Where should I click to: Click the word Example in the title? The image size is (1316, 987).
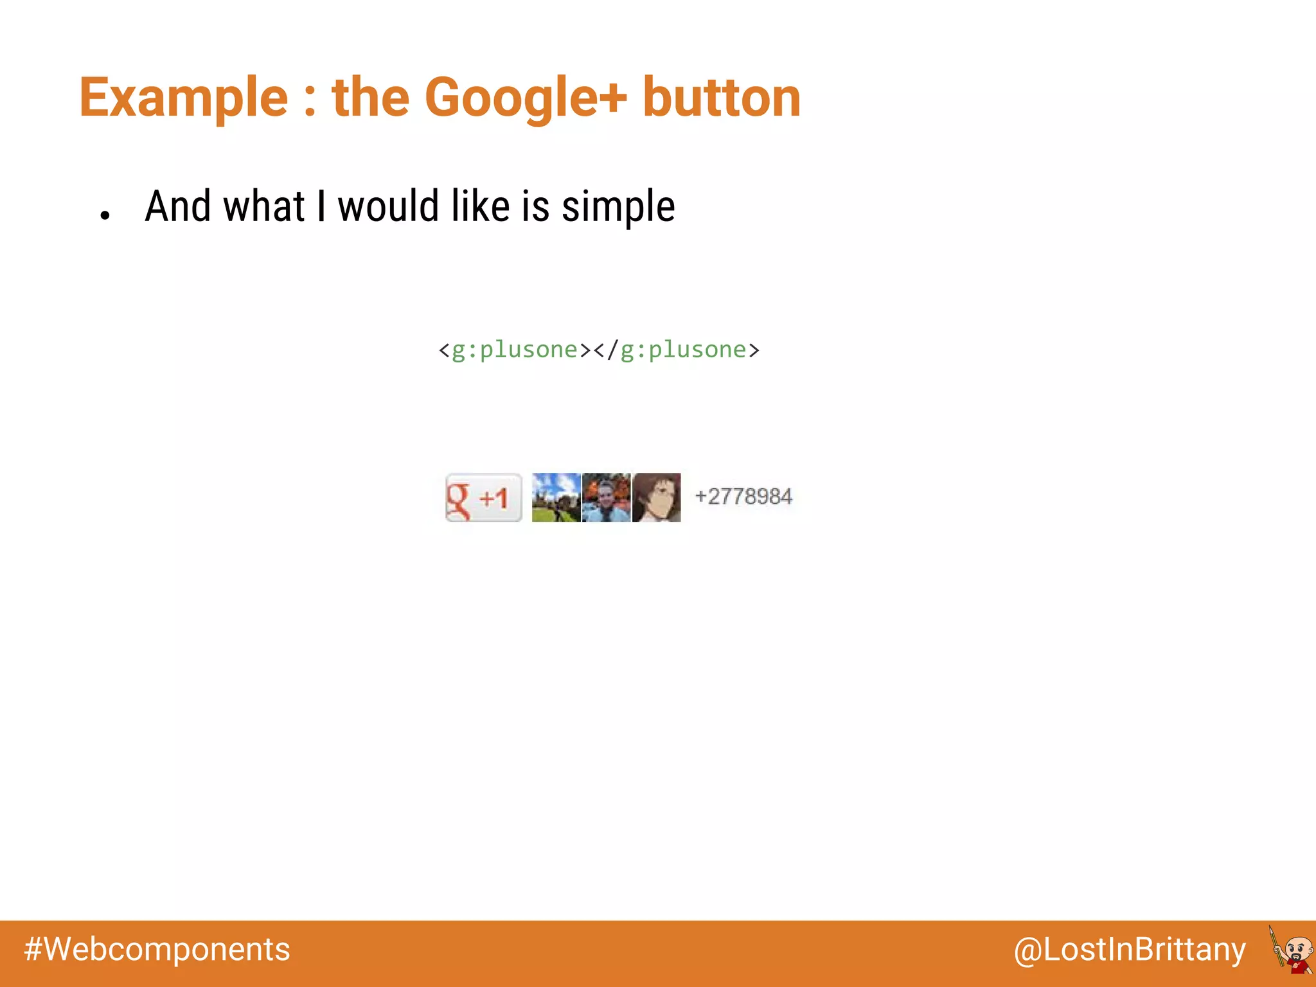coord(184,98)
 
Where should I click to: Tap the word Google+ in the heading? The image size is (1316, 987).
coord(525,98)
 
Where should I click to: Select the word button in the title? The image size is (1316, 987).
coord(721,98)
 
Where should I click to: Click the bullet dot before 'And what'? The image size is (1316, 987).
coord(105,216)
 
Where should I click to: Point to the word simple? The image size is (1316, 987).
coord(618,207)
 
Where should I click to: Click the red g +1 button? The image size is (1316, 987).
coord(483,497)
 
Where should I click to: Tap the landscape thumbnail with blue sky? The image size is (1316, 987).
coord(556,497)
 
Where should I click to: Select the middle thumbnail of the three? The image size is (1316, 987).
coord(606,497)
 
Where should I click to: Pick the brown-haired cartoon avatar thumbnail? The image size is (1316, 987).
coord(656,497)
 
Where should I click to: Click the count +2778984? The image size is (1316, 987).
coord(743,497)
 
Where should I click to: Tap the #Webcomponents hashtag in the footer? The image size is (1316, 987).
coord(157,949)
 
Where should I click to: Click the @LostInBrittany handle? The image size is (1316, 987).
coord(1129,950)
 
